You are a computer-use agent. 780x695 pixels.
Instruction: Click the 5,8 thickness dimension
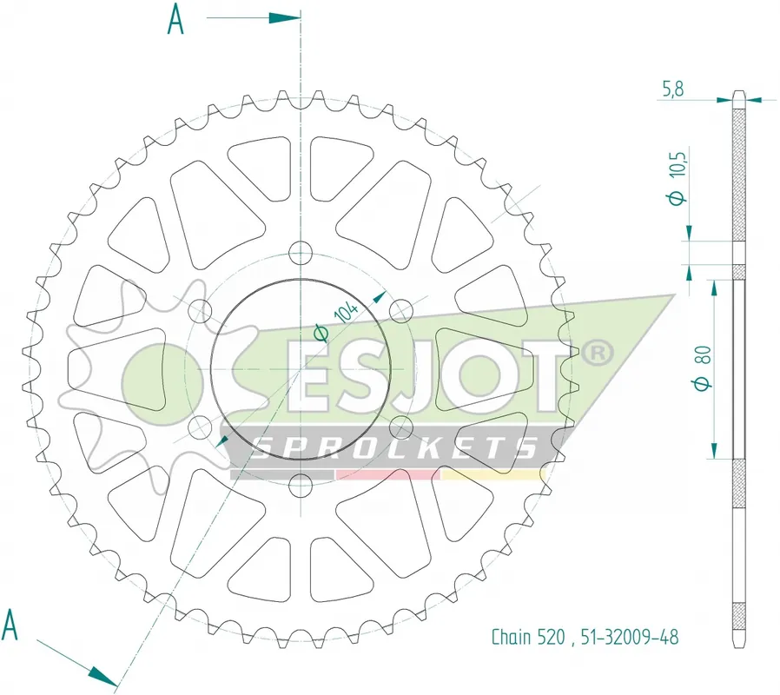[x=673, y=89]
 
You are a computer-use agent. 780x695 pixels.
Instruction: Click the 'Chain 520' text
[x=528, y=637]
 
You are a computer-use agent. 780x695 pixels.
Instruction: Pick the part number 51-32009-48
[x=630, y=637]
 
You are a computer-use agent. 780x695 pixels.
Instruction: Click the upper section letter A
[x=175, y=19]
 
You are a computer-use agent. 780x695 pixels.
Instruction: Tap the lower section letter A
[x=10, y=625]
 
